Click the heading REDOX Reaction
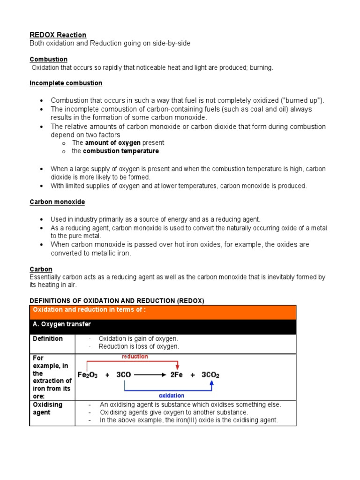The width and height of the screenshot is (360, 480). click(x=58, y=35)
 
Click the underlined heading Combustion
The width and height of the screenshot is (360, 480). click(x=49, y=60)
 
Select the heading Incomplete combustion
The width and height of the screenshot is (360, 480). click(x=66, y=83)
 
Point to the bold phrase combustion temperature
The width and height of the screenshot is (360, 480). click(x=121, y=151)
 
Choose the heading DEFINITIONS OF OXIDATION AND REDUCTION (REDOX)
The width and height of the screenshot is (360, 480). click(x=117, y=300)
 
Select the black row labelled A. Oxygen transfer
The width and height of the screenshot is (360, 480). click(x=61, y=324)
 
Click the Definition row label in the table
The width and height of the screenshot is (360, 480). click(x=48, y=338)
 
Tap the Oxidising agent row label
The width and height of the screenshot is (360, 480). click(x=47, y=408)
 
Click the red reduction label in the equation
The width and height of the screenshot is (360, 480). click(x=135, y=357)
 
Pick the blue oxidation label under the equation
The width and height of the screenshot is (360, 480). click(x=172, y=396)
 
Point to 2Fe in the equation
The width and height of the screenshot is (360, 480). click(x=177, y=375)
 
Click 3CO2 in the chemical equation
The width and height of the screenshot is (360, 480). click(x=210, y=375)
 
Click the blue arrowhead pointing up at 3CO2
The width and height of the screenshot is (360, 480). click(x=212, y=383)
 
